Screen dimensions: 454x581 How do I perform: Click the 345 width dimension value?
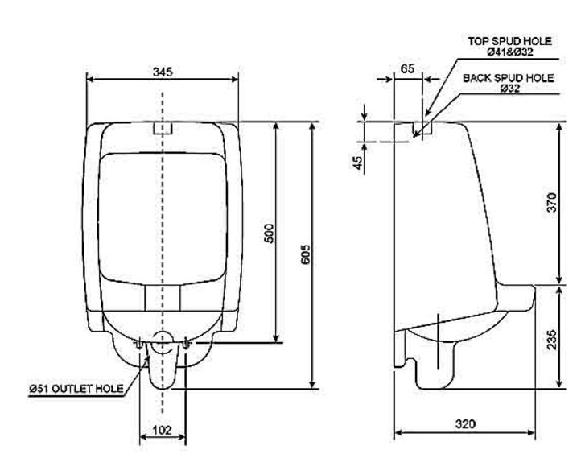click(163, 72)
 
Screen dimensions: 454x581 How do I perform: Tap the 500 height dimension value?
click(270, 233)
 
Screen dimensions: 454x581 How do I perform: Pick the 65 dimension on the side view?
click(408, 70)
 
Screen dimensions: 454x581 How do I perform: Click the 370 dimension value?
click(551, 204)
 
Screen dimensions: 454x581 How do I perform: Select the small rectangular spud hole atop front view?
click(163, 129)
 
